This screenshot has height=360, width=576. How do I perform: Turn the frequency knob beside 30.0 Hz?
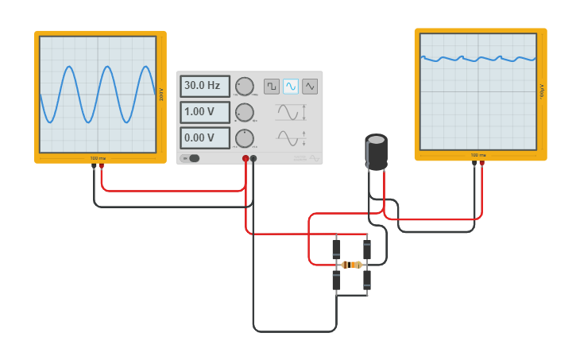click(x=245, y=87)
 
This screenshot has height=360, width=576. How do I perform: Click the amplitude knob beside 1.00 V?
click(x=245, y=113)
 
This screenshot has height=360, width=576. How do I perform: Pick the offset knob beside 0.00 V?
click(x=245, y=138)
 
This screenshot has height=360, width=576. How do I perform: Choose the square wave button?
click(x=272, y=86)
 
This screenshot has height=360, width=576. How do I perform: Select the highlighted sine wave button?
click(x=291, y=86)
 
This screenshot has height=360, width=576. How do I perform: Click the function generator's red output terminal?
click(x=245, y=158)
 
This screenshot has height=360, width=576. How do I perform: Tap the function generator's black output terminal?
click(x=253, y=158)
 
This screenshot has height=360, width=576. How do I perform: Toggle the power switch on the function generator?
click(x=191, y=158)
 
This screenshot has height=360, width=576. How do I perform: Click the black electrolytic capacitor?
click(x=377, y=152)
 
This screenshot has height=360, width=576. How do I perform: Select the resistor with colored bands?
click(x=351, y=265)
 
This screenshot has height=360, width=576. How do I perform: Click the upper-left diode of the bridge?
click(x=336, y=249)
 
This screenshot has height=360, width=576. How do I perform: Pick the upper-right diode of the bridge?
click(x=367, y=249)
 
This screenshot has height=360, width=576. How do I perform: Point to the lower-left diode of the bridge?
click(x=336, y=280)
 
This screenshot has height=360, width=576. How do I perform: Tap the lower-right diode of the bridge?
click(x=367, y=280)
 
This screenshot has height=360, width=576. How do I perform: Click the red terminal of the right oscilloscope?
click(x=481, y=164)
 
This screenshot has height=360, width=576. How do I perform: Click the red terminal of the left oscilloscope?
click(x=101, y=166)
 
